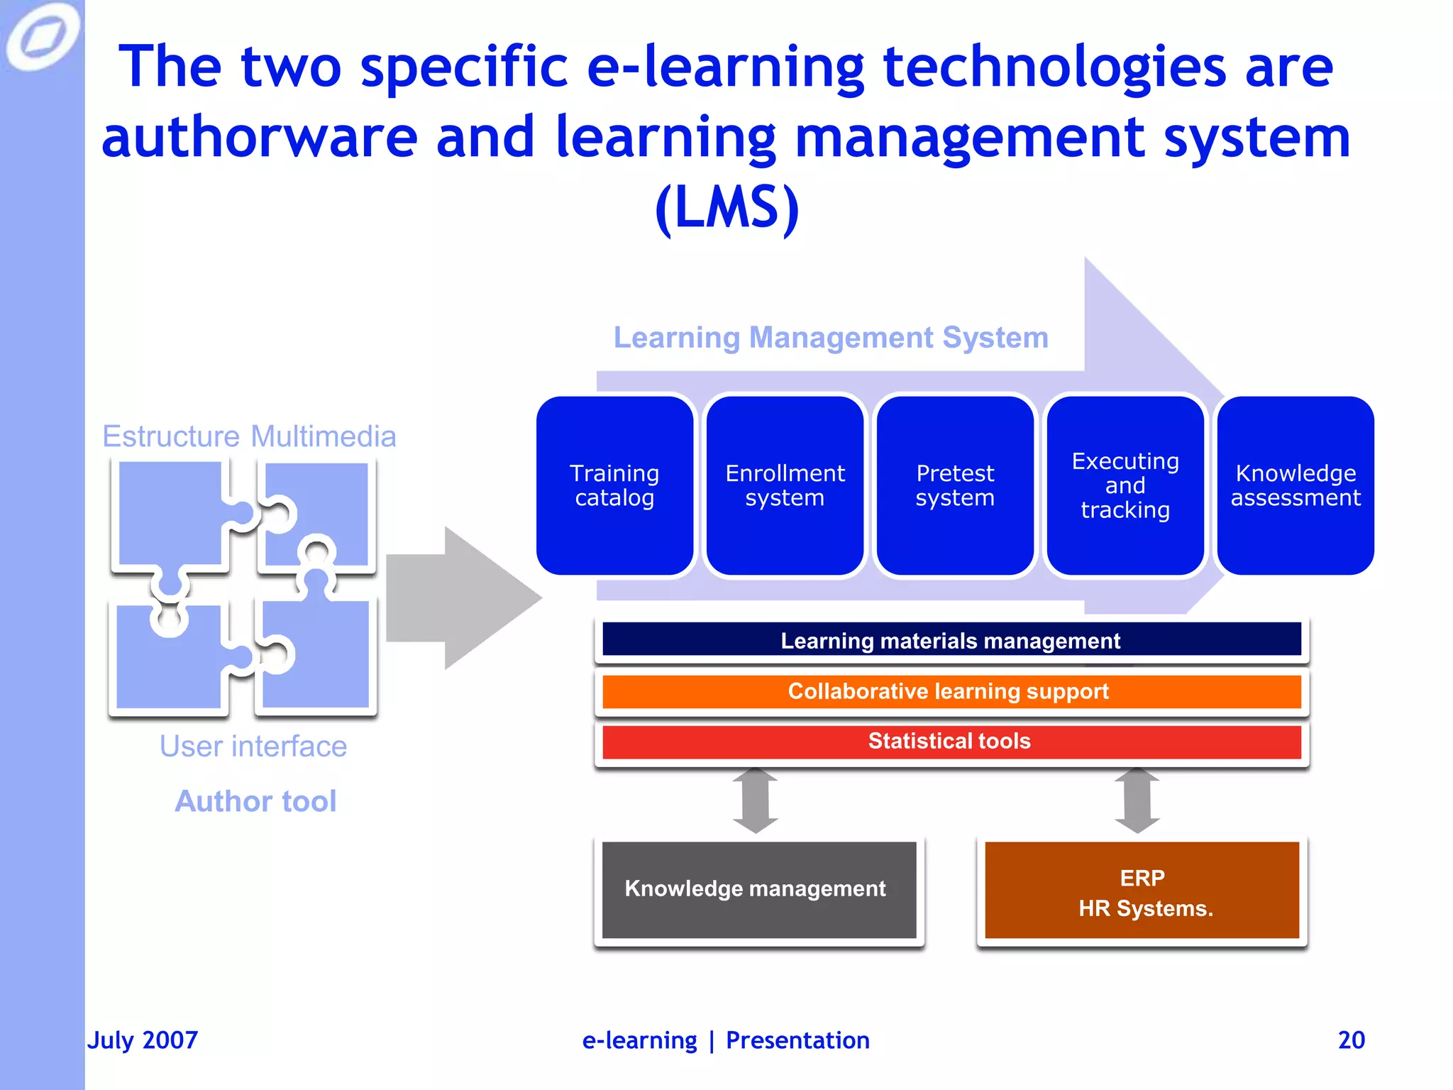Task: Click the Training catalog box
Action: (614, 485)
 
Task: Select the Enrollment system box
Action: (785, 485)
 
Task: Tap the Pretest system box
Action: (955, 485)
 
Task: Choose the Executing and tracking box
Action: (1125, 485)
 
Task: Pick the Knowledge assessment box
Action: (1295, 485)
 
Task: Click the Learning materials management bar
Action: (951, 640)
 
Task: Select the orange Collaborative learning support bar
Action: (951, 691)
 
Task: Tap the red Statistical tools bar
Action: (951, 742)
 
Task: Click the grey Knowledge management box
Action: (758, 889)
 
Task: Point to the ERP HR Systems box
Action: (1142, 891)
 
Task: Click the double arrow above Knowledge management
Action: (756, 800)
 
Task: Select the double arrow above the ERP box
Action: (1137, 800)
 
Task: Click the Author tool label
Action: (255, 801)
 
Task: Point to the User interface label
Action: (253, 747)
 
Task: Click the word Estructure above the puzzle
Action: (171, 436)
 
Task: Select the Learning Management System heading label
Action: (831, 338)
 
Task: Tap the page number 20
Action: (1351, 1040)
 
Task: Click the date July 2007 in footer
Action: (143, 1040)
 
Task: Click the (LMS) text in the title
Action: (726, 208)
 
